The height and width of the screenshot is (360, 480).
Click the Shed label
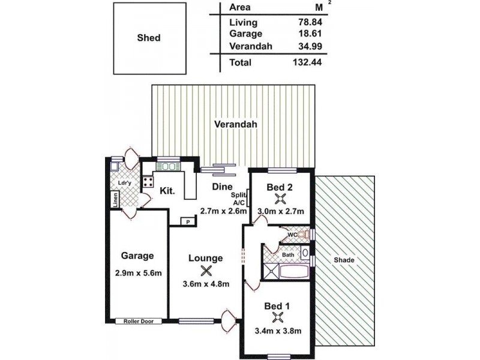[x=148, y=38]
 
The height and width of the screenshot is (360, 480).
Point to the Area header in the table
[x=240, y=8]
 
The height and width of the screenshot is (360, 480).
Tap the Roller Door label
[x=139, y=321]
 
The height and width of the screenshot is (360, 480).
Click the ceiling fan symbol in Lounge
[x=206, y=271]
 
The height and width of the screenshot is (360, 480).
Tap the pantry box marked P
[x=188, y=222]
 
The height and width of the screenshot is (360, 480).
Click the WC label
[x=292, y=235]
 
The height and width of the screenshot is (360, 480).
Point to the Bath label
[x=288, y=255]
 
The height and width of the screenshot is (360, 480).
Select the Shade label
[x=344, y=260]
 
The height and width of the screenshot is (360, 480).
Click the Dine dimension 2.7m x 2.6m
[x=215, y=211]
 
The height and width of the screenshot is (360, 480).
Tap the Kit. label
[x=167, y=191]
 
